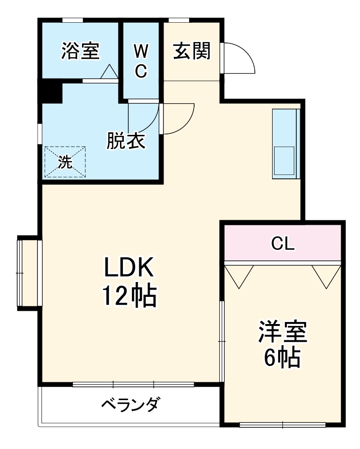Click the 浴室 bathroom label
pyautogui.click(x=80, y=51)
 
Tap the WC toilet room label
pyautogui.click(x=141, y=61)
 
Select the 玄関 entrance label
pyautogui.click(x=192, y=50)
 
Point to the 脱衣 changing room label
pyautogui.click(x=126, y=141)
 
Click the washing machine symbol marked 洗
pyautogui.click(x=65, y=162)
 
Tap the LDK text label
pyautogui.click(x=129, y=269)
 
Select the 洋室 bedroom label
pyautogui.click(x=283, y=332)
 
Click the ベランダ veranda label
pyautogui.click(x=130, y=405)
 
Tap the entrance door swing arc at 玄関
pyautogui.click(x=240, y=58)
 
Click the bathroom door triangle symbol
pyautogui.click(x=109, y=72)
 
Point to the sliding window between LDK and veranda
pyautogui.click(x=133, y=384)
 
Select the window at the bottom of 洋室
pyautogui.click(x=282, y=424)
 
